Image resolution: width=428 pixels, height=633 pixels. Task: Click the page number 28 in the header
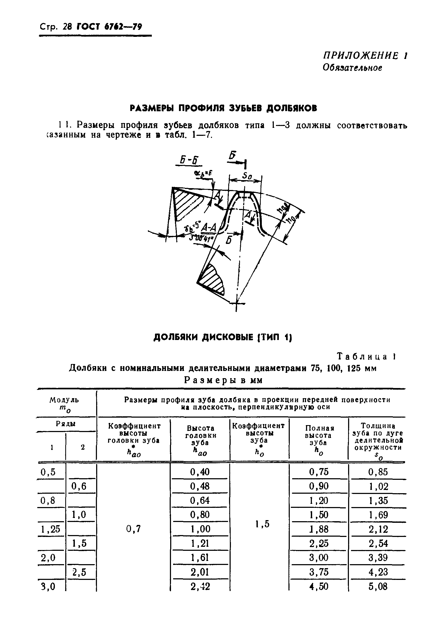(67, 27)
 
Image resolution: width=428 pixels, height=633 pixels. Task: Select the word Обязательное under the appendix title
(352, 67)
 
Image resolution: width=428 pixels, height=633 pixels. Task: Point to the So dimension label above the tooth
(247, 176)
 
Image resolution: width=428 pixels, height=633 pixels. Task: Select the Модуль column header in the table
(64, 400)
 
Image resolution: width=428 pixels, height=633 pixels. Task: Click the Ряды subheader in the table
(66, 424)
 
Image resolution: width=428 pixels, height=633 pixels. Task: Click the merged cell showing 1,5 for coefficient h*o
(262, 524)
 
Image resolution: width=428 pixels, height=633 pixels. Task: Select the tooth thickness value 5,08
(378, 586)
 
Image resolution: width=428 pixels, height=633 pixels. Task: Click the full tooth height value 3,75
(319, 572)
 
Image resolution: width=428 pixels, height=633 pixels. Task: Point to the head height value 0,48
(200, 486)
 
